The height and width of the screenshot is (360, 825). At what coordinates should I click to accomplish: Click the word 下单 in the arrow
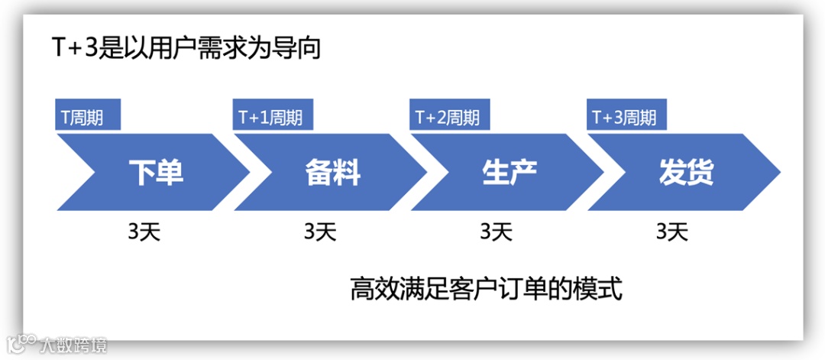156,173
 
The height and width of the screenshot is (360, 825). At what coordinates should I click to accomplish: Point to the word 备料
332,173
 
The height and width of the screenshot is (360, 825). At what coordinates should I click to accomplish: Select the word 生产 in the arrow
510,173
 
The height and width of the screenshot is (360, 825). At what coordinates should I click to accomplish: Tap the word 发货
686,173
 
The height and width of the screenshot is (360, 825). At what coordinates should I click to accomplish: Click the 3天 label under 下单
144,231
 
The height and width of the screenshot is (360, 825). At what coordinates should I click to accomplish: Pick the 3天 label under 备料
320,231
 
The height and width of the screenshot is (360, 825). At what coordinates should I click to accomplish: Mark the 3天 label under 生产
497,231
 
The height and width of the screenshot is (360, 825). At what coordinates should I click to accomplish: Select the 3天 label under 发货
672,231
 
